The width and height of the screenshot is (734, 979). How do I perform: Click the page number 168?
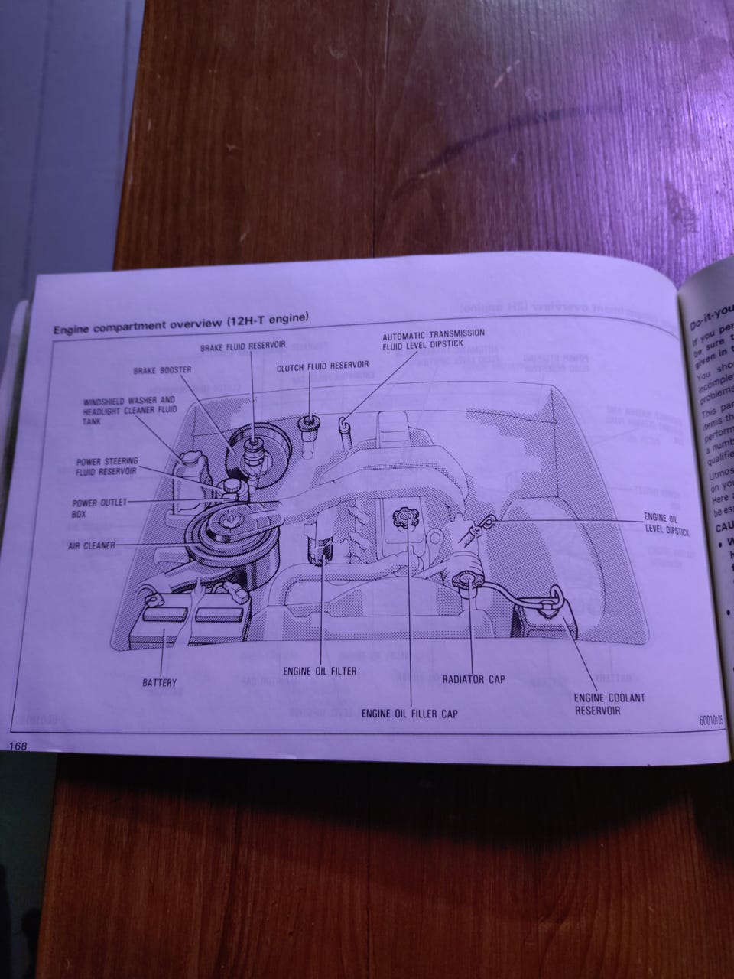click(x=17, y=745)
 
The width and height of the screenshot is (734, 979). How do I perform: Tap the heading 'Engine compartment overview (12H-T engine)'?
click(x=180, y=324)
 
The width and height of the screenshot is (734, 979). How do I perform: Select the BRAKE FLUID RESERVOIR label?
click(x=242, y=346)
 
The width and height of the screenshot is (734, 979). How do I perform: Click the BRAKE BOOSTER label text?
click(x=161, y=370)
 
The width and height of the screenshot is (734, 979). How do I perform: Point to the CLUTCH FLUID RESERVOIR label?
click(x=323, y=366)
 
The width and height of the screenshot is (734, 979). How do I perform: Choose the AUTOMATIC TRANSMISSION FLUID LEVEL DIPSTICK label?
click(x=434, y=340)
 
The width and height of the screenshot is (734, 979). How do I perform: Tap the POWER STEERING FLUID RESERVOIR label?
click(x=106, y=467)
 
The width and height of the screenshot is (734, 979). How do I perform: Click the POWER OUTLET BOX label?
click(x=93, y=509)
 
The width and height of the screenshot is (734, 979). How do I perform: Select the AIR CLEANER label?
click(x=91, y=545)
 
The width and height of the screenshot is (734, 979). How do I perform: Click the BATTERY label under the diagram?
click(x=159, y=682)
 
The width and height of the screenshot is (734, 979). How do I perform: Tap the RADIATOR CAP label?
click(x=473, y=678)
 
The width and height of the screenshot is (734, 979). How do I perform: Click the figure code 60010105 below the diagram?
click(x=710, y=720)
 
